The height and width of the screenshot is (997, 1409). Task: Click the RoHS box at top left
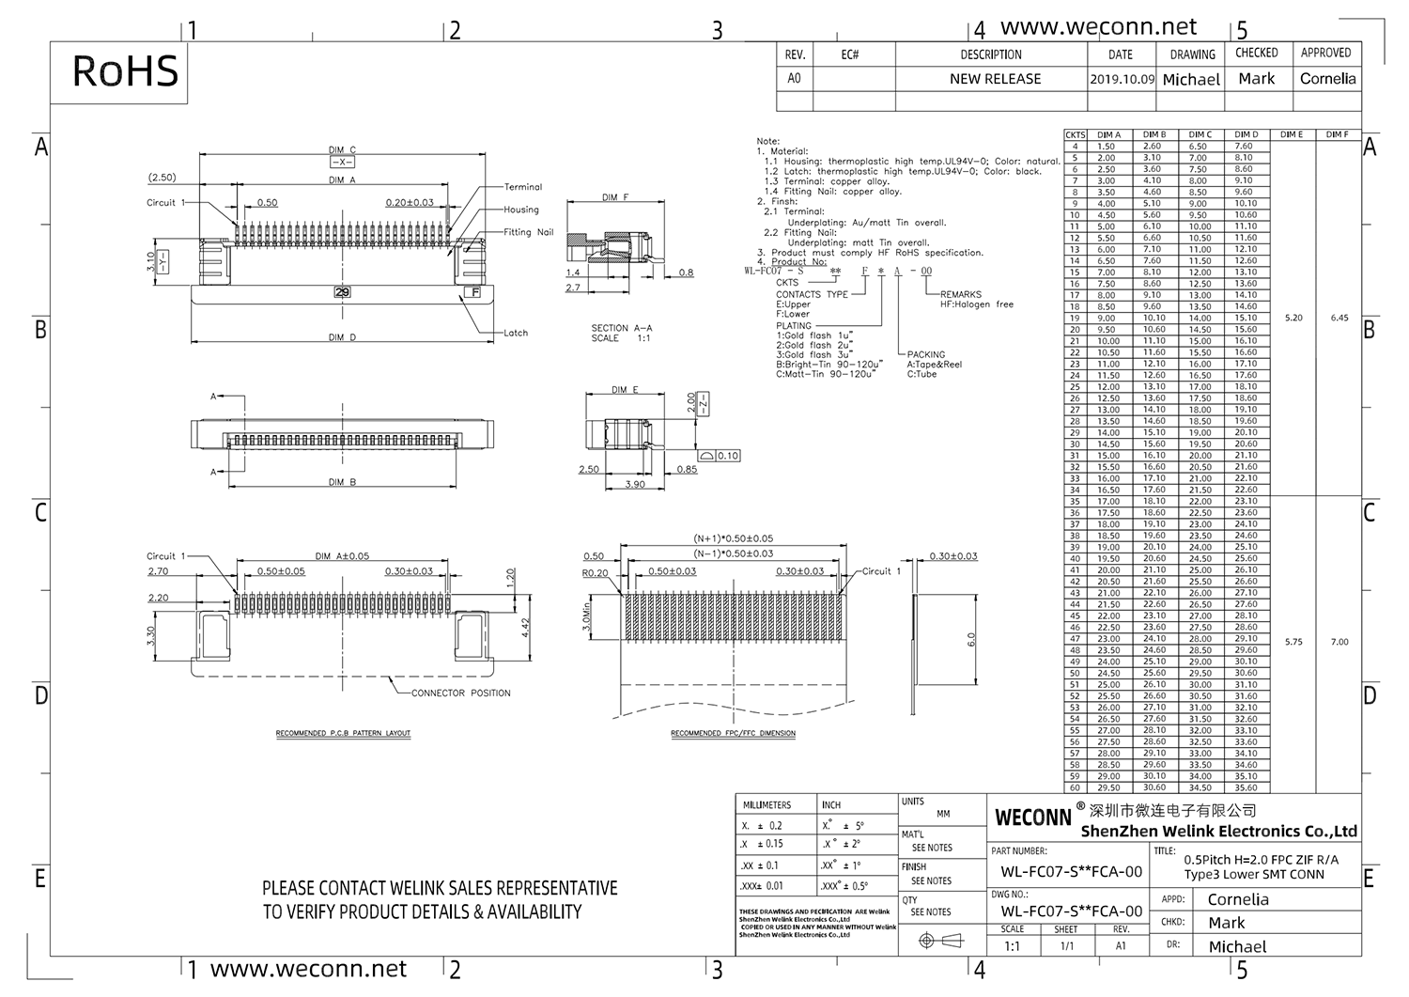coord(125,71)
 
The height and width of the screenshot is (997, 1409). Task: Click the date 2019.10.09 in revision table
coord(1122,80)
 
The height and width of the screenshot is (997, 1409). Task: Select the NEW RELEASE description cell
coord(995,79)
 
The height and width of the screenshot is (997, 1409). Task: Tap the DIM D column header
coord(1246,134)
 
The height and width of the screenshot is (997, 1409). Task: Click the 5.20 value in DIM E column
coord(1293,318)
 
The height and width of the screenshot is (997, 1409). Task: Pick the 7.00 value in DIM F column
coord(1339,642)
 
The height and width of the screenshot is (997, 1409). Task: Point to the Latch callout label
coord(516,333)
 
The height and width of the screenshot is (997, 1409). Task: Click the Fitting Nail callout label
coord(528,232)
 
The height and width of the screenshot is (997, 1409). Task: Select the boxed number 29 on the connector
coord(342,292)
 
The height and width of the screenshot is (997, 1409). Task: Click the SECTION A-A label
coord(621,328)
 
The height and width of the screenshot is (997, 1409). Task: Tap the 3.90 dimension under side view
coord(635,485)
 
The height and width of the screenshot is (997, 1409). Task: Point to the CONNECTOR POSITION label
coord(461,693)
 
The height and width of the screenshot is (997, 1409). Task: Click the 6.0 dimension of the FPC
coord(971,640)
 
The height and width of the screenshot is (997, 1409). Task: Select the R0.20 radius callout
coord(595,572)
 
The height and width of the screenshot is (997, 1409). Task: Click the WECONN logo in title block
coord(1032,818)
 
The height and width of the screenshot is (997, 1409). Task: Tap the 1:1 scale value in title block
coord(1012,946)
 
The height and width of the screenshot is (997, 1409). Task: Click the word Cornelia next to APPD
coord(1237,899)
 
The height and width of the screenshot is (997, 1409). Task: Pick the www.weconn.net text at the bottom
coord(308,969)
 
